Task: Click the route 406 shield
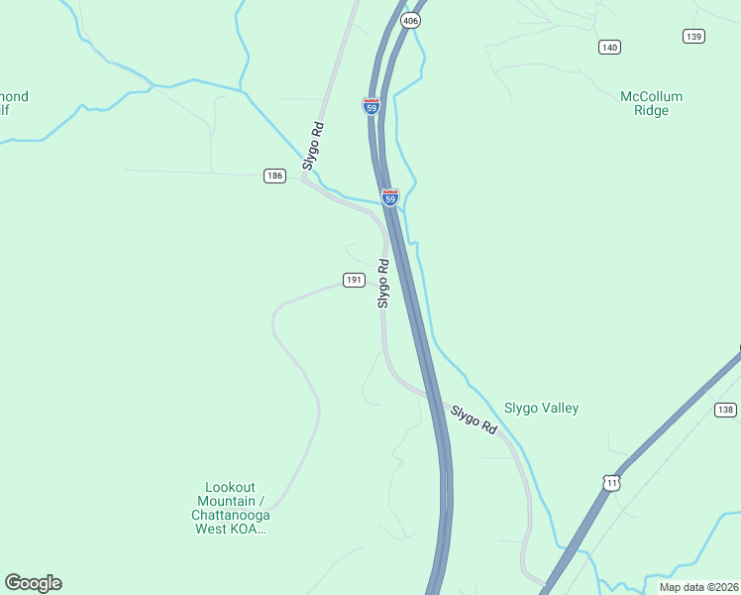click(410, 20)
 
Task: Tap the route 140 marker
click(609, 47)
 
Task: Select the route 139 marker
click(693, 36)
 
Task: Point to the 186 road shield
click(274, 176)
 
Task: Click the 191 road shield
click(354, 281)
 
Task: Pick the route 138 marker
click(725, 410)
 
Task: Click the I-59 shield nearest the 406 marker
click(370, 105)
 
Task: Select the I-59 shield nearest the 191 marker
click(390, 198)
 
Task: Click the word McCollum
click(651, 96)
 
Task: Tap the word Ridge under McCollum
click(651, 110)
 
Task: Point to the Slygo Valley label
click(541, 408)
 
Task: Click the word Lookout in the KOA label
click(230, 487)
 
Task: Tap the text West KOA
click(231, 515)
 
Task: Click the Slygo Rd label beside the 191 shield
click(383, 284)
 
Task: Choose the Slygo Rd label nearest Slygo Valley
click(474, 419)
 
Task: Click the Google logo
click(33, 583)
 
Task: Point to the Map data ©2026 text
click(698, 587)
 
